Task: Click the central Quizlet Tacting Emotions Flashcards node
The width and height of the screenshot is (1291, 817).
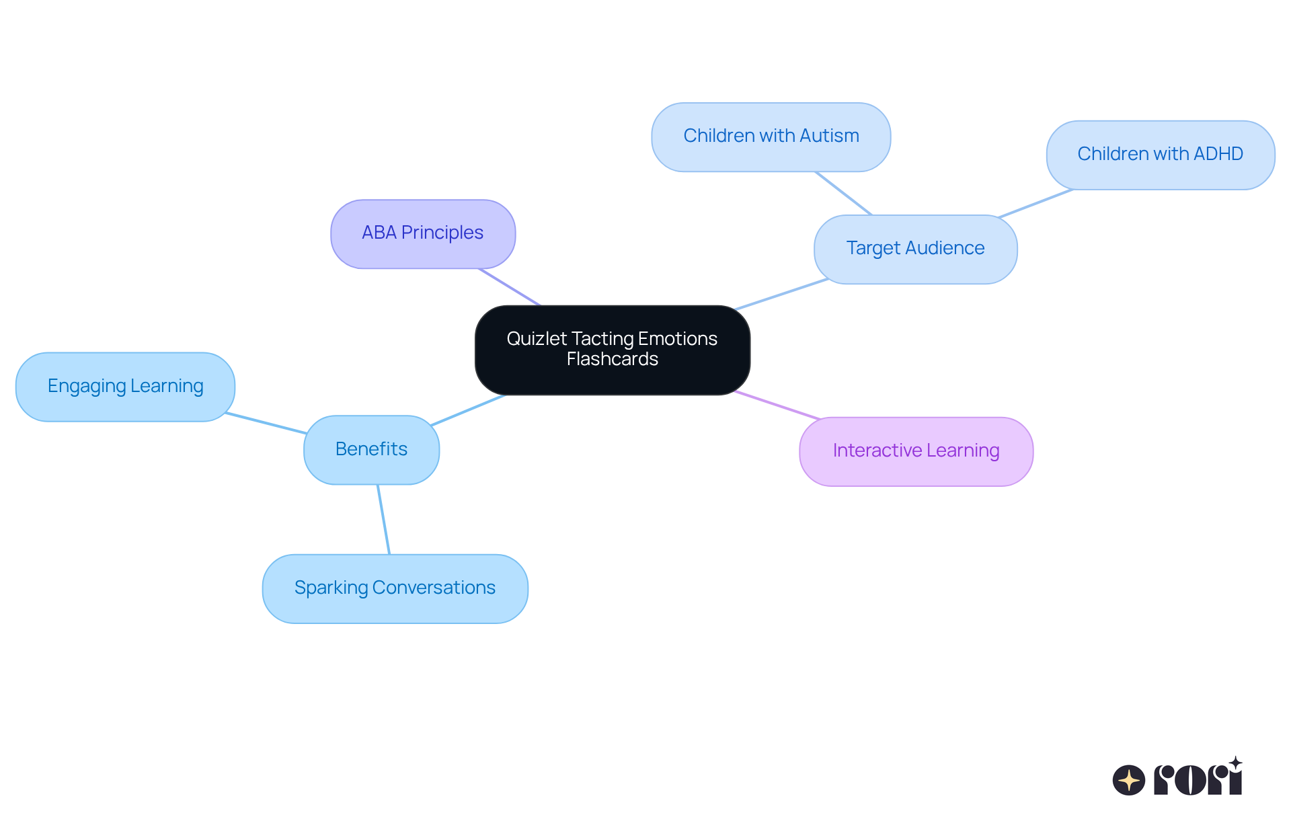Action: [x=612, y=350]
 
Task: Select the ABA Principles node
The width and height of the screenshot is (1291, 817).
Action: [x=423, y=233]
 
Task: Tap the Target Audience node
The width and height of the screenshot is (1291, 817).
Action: [x=915, y=249]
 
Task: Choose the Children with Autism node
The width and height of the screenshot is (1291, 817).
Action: [x=771, y=137]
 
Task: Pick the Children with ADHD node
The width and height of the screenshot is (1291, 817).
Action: [x=1160, y=155]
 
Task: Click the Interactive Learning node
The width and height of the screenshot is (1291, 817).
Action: [x=916, y=451]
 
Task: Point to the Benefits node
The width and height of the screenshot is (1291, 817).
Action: [x=371, y=449]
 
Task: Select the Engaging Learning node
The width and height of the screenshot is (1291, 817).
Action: [x=125, y=387]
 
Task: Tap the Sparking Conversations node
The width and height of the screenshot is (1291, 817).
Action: [x=395, y=588]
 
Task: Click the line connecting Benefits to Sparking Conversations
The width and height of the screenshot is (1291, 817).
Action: [x=383, y=519]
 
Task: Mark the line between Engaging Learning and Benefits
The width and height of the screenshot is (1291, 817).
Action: [x=266, y=423]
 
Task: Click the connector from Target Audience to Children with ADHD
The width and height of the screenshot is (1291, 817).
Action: [x=1035, y=204]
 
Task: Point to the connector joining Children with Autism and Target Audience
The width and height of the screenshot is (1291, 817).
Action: [x=843, y=193]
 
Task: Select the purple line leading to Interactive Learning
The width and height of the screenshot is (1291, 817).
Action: [x=777, y=405]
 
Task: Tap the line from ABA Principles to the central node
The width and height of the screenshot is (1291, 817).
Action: [x=510, y=287]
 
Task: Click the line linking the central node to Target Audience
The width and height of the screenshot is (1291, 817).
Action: [x=781, y=295]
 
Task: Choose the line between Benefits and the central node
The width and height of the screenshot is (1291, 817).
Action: [x=468, y=410]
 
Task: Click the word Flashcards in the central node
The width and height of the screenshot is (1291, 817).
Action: [x=612, y=360]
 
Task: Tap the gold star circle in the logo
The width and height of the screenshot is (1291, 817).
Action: [x=1128, y=780]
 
